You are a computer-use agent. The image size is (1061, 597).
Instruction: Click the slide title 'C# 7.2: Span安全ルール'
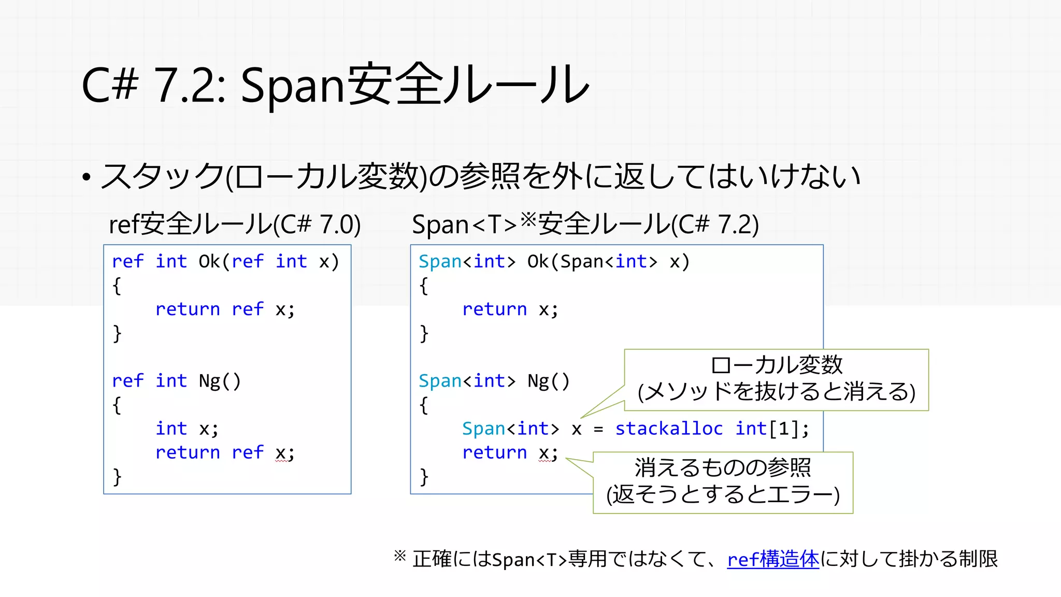click(335, 85)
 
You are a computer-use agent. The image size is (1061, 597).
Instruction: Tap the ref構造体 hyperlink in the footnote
click(773, 559)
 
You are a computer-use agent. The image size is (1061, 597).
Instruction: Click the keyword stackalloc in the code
click(668, 429)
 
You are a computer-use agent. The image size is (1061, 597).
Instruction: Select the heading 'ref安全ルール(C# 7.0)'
click(235, 224)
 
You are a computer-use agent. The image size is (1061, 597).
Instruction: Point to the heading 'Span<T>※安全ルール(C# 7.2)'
click(585, 224)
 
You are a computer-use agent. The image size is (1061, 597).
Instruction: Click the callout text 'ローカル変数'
click(776, 365)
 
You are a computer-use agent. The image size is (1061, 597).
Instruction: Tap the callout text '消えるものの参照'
click(723, 468)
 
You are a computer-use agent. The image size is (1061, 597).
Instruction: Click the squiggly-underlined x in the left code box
click(281, 453)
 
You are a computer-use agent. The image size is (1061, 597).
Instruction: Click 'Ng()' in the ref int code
click(220, 381)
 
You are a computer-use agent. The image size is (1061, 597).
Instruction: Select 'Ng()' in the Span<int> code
click(548, 381)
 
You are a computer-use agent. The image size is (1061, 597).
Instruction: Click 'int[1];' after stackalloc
click(772, 429)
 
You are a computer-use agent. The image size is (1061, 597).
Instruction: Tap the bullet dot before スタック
click(87, 178)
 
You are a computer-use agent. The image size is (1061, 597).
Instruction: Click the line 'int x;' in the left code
click(187, 429)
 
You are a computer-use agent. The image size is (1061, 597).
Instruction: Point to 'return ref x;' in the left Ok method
click(225, 309)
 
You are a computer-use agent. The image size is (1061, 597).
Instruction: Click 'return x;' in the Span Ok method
click(510, 309)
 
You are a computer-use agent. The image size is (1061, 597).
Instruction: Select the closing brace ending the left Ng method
click(117, 476)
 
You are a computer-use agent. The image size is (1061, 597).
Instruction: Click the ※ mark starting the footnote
click(400, 557)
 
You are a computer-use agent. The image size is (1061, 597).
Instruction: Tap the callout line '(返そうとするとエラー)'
click(723, 494)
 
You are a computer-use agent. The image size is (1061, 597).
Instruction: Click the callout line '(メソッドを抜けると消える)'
click(776, 392)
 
